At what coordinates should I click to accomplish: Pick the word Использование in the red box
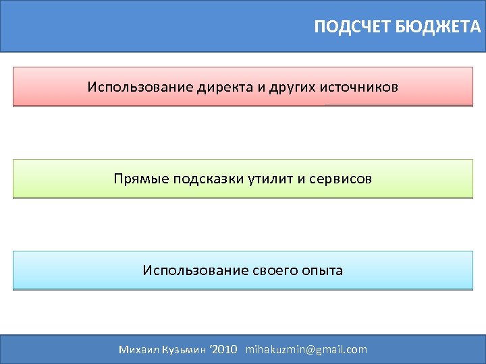coord(140,88)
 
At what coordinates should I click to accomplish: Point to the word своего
coord(275,271)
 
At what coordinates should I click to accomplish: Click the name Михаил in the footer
coord(138,349)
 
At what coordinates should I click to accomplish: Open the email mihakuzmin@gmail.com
coord(306,349)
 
